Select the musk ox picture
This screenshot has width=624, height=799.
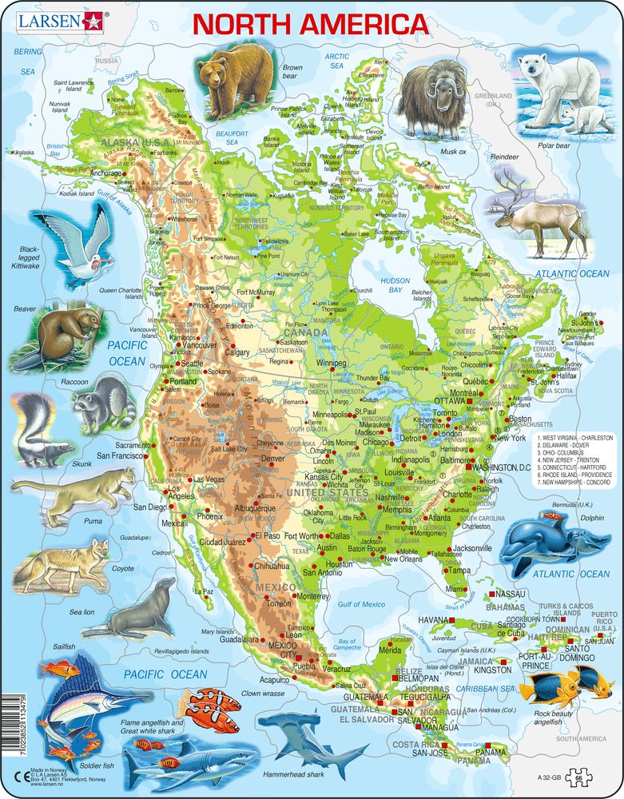coord(431,97)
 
